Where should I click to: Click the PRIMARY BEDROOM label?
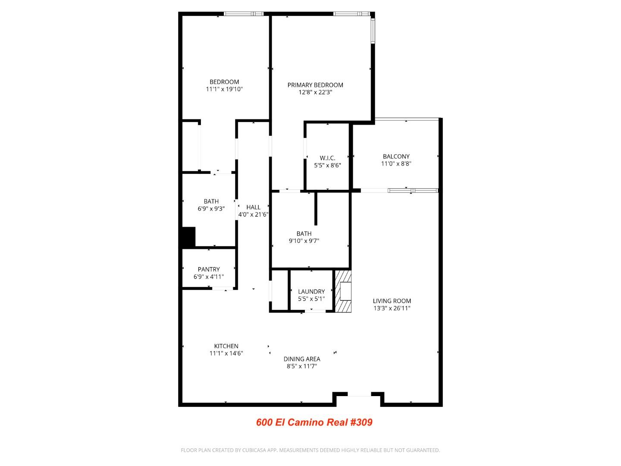click(x=315, y=85)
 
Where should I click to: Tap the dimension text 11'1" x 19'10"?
click(x=224, y=89)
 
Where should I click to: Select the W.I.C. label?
click(x=327, y=158)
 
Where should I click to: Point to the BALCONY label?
click(x=396, y=157)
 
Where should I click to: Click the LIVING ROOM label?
click(x=392, y=301)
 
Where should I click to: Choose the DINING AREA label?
click(x=301, y=359)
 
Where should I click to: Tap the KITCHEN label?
click(x=226, y=346)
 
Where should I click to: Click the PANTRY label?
click(x=209, y=269)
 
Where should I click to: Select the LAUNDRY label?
click(x=311, y=292)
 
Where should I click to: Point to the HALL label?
click(x=253, y=207)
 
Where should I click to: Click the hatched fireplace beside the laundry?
click(x=343, y=291)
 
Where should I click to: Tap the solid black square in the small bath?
click(x=188, y=237)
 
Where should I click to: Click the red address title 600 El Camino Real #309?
click(x=314, y=422)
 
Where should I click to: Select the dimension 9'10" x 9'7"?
click(x=304, y=241)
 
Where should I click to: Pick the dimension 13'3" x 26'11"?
click(x=392, y=309)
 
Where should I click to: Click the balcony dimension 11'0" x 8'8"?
click(x=396, y=164)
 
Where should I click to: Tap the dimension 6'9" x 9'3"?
click(x=211, y=209)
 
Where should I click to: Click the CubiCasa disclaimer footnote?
click(x=310, y=450)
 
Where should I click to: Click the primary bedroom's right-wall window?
click(x=373, y=30)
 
